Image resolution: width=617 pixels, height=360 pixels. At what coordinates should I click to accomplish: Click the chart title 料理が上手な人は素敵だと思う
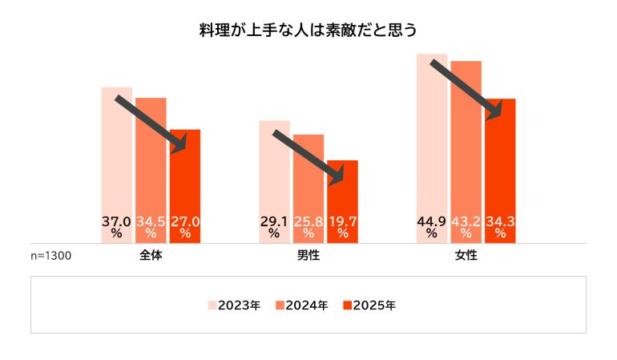[308, 31]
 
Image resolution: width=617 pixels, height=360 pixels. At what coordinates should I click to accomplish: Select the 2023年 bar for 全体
[117, 160]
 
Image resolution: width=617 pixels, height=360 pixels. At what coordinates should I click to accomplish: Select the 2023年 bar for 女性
[432, 144]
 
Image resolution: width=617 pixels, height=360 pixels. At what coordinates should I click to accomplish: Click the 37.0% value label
[117, 226]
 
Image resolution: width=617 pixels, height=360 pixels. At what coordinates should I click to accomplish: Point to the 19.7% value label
[343, 226]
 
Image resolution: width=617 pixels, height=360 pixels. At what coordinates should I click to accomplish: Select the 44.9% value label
[432, 226]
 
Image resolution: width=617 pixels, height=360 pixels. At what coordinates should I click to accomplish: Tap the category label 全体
[151, 257]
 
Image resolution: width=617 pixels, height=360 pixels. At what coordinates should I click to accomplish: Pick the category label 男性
[308, 257]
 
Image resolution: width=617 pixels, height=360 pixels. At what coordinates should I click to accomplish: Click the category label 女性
[466, 257]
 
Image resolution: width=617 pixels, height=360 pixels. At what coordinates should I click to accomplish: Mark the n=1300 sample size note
[51, 257]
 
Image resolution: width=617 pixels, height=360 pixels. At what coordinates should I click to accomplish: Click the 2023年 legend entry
[235, 305]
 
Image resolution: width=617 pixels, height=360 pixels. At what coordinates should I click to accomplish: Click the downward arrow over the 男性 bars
[313, 157]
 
